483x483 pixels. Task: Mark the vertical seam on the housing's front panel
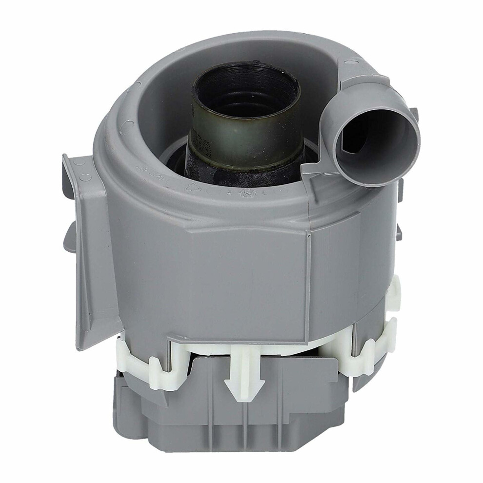tap(308, 273)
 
